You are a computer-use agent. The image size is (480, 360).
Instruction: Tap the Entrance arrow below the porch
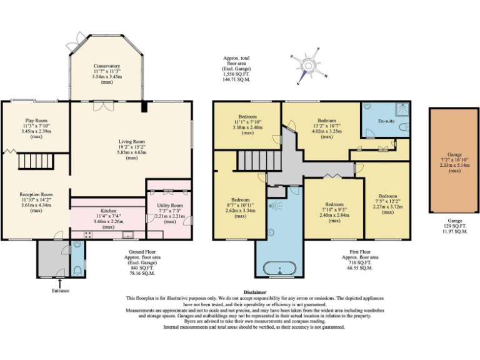pos(60,283)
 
